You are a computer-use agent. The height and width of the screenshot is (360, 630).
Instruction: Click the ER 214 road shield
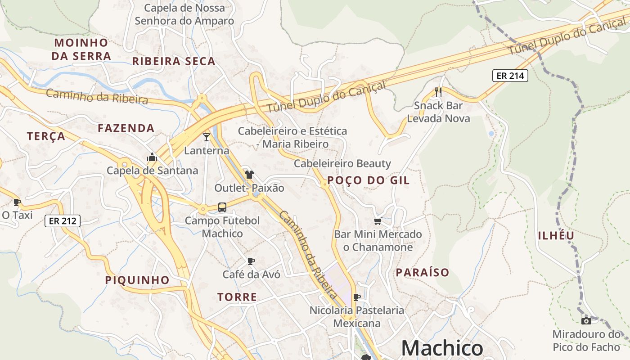click(x=510, y=76)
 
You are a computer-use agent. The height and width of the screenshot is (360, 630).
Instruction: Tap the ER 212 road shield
click(x=63, y=221)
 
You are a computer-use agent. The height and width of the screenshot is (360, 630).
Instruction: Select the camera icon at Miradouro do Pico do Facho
click(x=586, y=321)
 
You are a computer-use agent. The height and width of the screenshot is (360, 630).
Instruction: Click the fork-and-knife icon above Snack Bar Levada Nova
click(x=438, y=92)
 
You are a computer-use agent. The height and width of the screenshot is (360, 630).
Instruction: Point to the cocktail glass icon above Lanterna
click(x=207, y=137)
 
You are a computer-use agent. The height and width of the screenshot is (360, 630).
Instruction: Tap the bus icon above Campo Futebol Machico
click(x=222, y=207)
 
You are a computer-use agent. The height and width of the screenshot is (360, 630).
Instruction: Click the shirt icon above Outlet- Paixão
click(x=249, y=174)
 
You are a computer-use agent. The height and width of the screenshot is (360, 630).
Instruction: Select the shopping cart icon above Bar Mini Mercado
click(x=378, y=221)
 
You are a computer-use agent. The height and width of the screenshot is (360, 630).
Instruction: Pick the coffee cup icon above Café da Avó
click(x=251, y=261)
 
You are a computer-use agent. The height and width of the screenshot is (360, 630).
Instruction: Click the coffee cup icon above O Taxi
click(x=17, y=202)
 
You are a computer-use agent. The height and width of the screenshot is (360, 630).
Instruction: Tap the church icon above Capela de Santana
click(x=152, y=157)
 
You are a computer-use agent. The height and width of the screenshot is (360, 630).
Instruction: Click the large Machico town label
click(x=442, y=348)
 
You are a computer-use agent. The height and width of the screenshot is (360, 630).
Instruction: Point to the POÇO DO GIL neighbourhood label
click(x=368, y=180)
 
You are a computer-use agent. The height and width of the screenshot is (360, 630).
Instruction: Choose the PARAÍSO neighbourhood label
click(x=423, y=272)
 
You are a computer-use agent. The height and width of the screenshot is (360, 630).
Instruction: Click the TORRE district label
click(x=237, y=297)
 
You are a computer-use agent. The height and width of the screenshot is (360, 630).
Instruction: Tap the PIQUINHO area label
click(x=137, y=280)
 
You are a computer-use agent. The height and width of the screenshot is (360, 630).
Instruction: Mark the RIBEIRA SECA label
click(x=174, y=61)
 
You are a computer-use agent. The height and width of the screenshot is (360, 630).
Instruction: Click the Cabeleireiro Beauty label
click(x=342, y=163)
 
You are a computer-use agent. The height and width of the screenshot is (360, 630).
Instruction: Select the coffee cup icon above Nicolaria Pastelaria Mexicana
click(x=357, y=297)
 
